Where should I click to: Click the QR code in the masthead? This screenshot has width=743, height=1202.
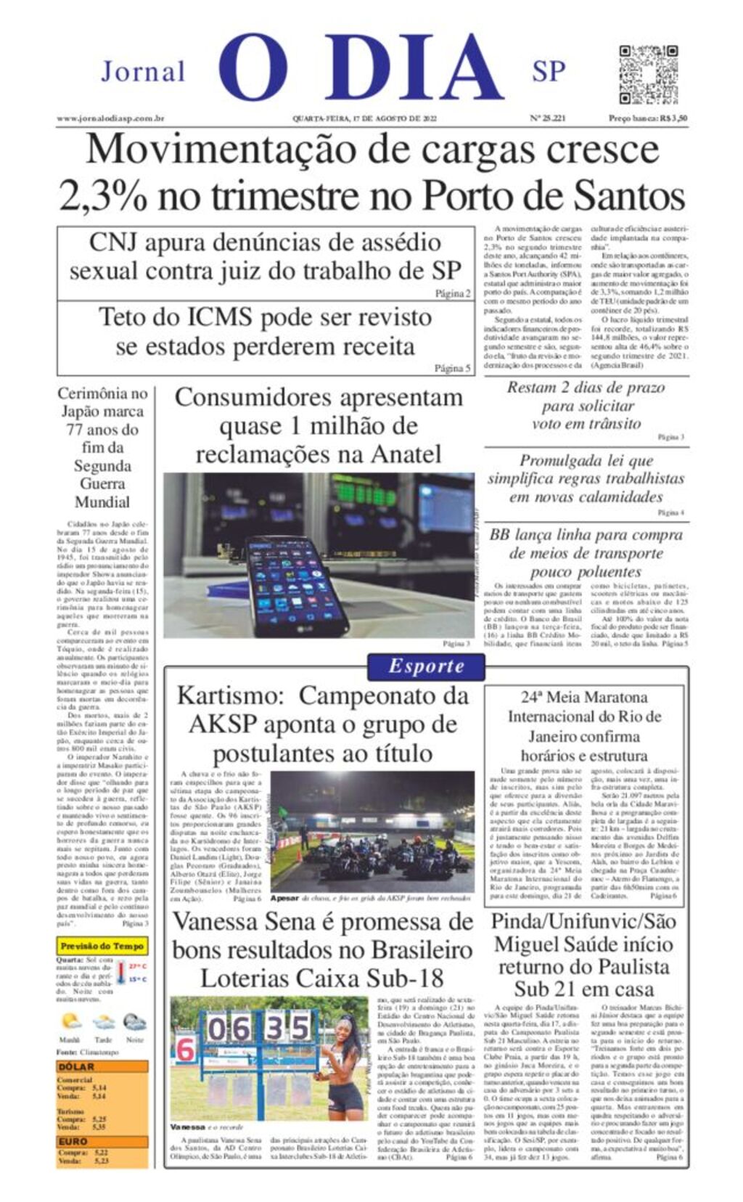[647, 74]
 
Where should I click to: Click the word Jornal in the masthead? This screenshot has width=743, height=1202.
[143, 72]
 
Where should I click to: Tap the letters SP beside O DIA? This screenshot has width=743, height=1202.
[549, 72]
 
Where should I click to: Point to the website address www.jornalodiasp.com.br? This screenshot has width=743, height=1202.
[110, 118]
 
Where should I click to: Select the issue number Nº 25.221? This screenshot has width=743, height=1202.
[547, 118]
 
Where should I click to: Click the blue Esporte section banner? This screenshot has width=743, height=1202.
[426, 666]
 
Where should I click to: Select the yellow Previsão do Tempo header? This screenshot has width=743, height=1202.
[102, 947]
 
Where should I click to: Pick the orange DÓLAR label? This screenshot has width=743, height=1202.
[76, 1067]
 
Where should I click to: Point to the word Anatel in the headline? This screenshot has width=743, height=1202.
[406, 454]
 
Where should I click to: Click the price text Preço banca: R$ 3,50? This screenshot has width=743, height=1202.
[648, 118]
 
